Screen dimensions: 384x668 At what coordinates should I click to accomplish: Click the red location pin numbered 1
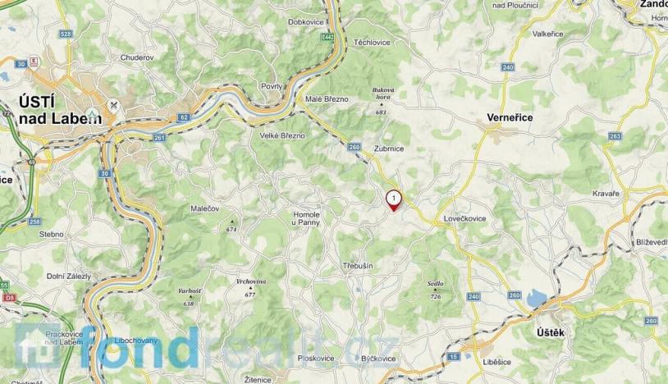tap(395, 199)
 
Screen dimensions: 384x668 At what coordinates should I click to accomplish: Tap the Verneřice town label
tap(510, 117)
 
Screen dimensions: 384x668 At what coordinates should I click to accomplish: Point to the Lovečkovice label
tap(465, 220)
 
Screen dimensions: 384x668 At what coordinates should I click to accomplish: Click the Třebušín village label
tap(359, 267)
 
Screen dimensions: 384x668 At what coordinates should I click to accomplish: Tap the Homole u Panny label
tap(306, 218)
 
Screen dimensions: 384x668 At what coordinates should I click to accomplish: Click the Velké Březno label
tap(281, 135)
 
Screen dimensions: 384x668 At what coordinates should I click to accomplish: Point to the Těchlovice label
tap(371, 41)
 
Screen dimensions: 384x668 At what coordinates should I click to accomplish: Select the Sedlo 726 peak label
tap(435, 284)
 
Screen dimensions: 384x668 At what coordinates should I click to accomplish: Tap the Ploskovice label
tap(316, 359)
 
